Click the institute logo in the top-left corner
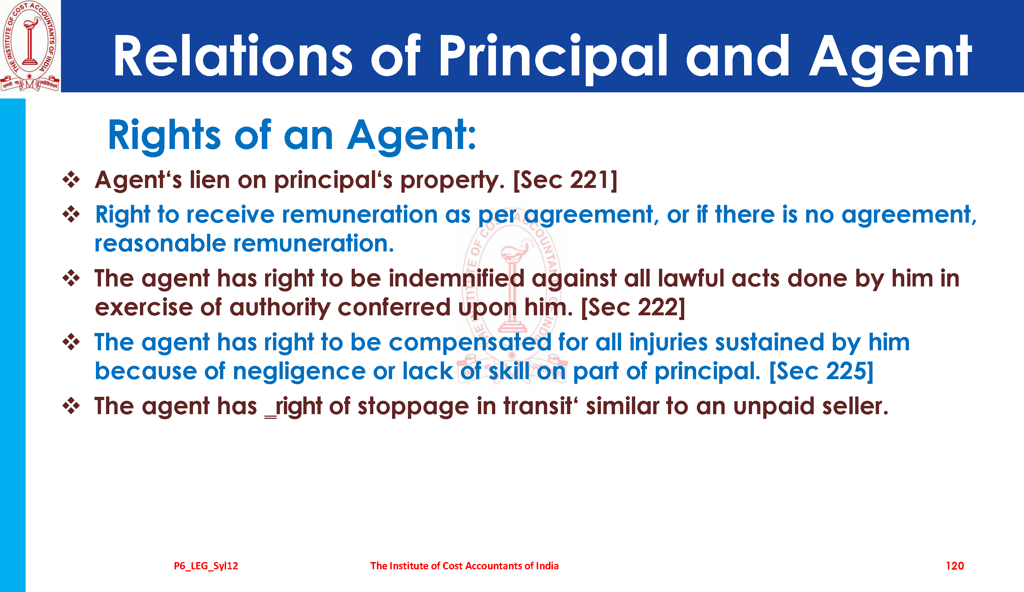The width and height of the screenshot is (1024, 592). coord(30,45)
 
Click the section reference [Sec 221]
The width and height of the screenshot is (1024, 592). coord(565,180)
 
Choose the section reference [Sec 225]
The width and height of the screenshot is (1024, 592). coord(821,371)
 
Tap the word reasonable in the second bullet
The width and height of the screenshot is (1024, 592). coord(160,244)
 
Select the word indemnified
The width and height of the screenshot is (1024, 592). coord(456,279)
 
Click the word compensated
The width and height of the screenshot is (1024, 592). coord(470,342)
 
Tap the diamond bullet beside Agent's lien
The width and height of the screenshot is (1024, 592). coord(71,180)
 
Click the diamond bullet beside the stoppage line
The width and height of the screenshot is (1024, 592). coord(71,405)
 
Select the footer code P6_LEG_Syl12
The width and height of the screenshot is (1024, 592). coord(206,566)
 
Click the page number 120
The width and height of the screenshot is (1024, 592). coord(954,566)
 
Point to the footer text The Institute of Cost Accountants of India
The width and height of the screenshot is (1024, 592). coord(464,566)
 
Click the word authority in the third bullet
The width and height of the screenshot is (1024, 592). coord(280,308)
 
